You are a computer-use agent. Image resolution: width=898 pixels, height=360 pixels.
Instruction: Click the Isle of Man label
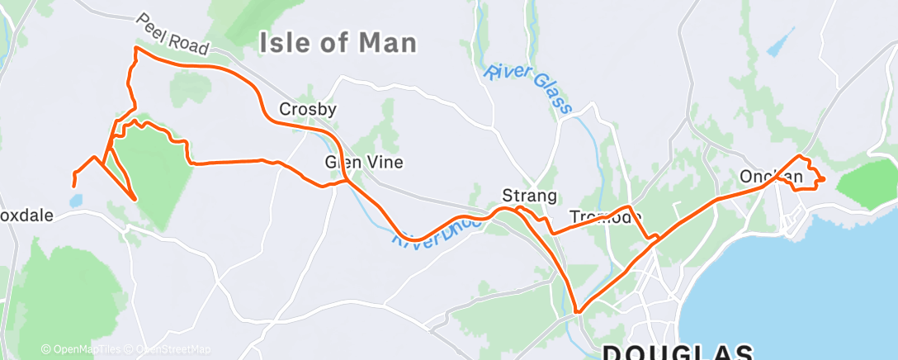pyautogui.click(x=338, y=43)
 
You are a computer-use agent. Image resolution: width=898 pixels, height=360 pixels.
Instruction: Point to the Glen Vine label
pyautogui.click(x=364, y=162)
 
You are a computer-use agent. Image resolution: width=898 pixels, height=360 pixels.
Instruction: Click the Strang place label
pyautogui.click(x=530, y=196)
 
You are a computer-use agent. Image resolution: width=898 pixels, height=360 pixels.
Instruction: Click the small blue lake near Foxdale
pyautogui.click(x=77, y=201)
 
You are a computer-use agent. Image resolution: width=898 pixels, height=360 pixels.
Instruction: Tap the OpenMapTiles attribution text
pyautogui.click(x=81, y=349)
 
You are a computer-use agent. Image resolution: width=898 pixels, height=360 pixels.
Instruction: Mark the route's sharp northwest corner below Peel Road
pyautogui.click(x=135, y=50)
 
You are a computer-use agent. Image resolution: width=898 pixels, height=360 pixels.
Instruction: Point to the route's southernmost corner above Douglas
pyautogui.click(x=579, y=312)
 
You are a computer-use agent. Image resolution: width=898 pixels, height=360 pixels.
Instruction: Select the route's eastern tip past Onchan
pyautogui.click(x=823, y=179)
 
